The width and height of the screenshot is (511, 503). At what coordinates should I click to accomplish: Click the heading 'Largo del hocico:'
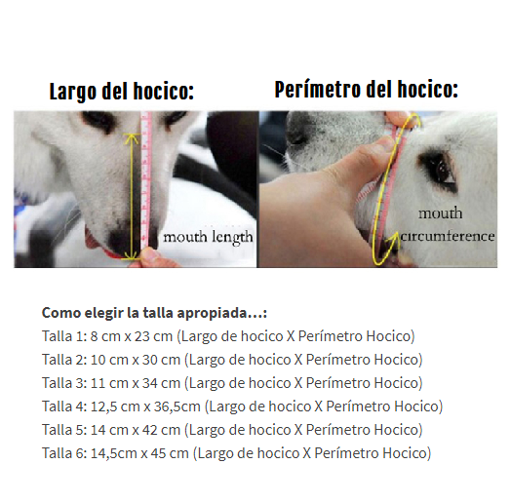[122, 92]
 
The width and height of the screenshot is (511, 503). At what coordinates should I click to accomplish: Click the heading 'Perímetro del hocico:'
[367, 90]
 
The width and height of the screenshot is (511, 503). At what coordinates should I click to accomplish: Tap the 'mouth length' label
[208, 238]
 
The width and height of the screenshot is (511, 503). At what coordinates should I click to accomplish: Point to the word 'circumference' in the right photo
[448, 236]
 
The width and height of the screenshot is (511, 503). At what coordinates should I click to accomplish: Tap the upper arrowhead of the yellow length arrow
[132, 138]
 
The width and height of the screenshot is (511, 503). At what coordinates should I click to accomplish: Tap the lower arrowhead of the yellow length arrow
[132, 255]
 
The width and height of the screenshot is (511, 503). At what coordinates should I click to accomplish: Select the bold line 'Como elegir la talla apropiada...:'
[154, 313]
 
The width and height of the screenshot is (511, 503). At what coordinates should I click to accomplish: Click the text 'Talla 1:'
[64, 336]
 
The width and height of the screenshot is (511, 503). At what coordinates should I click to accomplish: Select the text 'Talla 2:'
[64, 360]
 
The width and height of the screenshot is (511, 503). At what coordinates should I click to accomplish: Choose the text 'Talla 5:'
[64, 430]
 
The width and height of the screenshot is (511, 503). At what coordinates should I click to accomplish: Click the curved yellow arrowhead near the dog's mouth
[393, 239]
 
